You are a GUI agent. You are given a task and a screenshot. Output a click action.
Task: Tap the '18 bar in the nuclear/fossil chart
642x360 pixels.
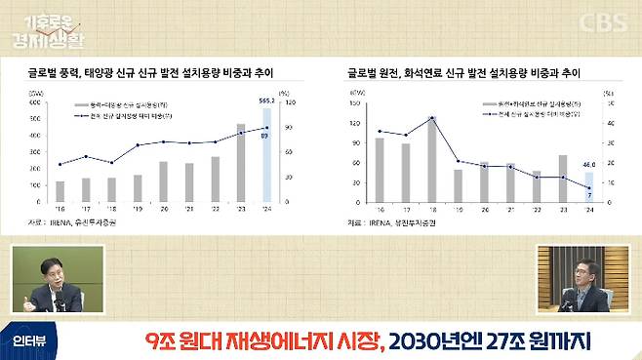pos(431,160)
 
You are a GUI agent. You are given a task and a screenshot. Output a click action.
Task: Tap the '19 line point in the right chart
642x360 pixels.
pos(458,161)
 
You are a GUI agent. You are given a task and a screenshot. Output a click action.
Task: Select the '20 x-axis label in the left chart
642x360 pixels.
pos(164,207)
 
